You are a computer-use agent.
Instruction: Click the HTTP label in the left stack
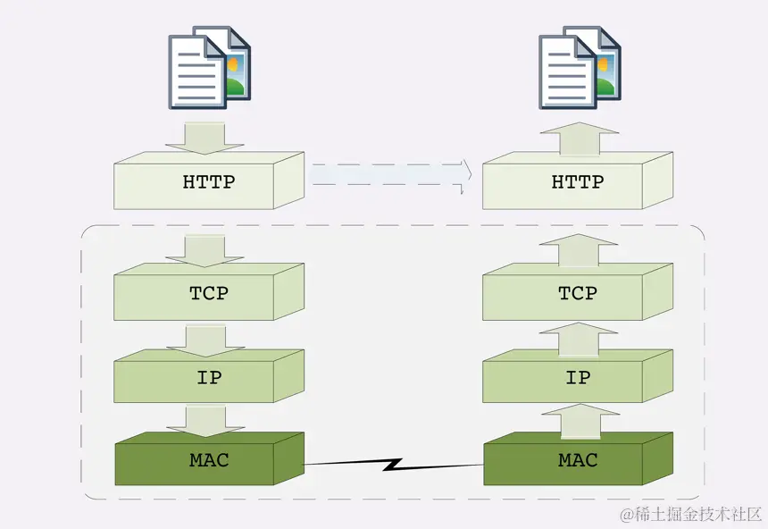coord(208,182)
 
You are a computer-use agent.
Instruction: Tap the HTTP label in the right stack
coord(577,182)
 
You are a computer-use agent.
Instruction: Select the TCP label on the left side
coord(208,293)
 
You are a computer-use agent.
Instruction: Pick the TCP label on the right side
coord(577,293)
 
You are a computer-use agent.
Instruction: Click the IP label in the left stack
coord(208,377)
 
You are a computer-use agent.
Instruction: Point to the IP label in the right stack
coord(578,377)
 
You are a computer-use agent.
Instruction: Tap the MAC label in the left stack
coord(208,461)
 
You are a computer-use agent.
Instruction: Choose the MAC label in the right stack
coord(577,461)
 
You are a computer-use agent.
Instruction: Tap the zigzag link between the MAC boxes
coord(393,465)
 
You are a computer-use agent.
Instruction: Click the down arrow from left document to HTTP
coord(205,138)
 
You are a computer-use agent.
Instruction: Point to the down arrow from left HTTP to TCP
coord(205,249)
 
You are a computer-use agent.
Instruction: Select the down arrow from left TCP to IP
coord(205,339)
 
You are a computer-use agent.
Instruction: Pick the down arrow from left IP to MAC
coord(205,418)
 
